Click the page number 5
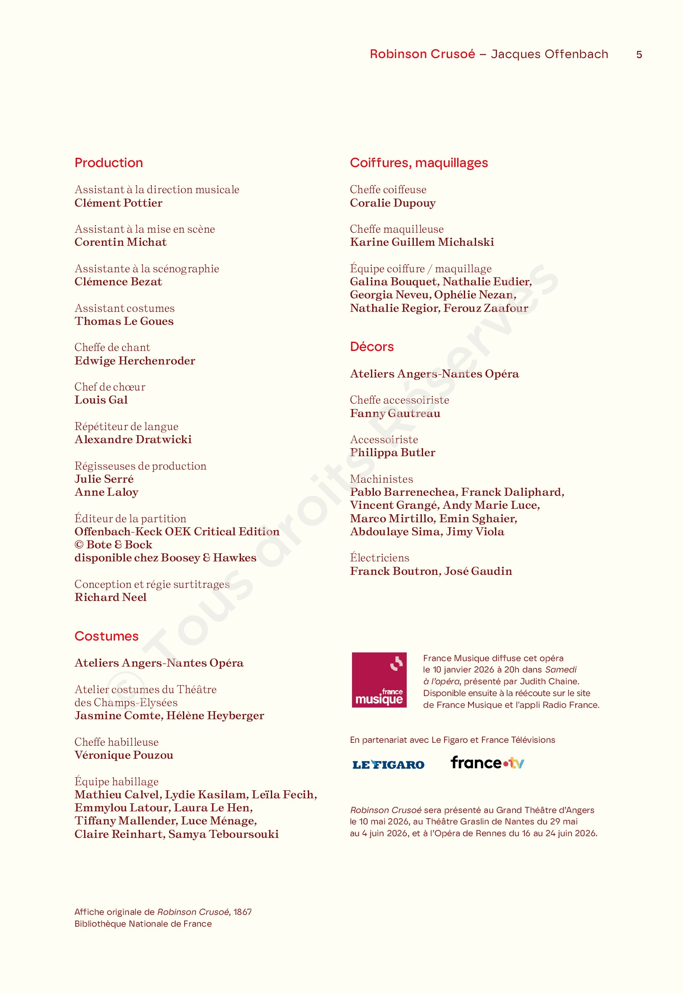pyautogui.click(x=638, y=55)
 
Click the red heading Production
pyautogui.click(x=109, y=163)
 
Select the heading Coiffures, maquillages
pyautogui.click(x=418, y=163)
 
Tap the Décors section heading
pyautogui.click(x=371, y=346)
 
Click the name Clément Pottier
pyautogui.click(x=119, y=203)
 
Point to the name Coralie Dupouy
pyautogui.click(x=392, y=203)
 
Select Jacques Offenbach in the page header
pyautogui.click(x=549, y=54)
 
